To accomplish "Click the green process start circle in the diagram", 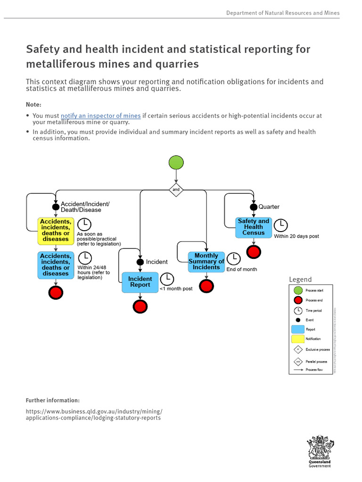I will [x=176, y=162].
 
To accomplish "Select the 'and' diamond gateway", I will [x=176, y=189].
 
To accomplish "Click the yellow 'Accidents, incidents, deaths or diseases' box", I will [x=56, y=230].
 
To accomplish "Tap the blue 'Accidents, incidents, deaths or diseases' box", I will [x=56, y=265].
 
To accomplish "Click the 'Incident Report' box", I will [x=140, y=282].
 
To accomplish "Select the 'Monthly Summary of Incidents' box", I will [x=206, y=262].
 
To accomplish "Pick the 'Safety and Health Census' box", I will [x=254, y=227].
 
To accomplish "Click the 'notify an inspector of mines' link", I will [x=100, y=116].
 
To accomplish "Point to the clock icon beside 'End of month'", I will [x=233, y=258].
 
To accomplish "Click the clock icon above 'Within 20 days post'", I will [x=281, y=225].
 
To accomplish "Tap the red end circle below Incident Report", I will [x=140, y=306].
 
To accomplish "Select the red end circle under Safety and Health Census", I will [x=254, y=252].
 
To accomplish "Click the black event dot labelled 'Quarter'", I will [x=254, y=207].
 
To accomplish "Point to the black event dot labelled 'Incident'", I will [x=140, y=262].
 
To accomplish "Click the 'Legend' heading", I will [x=300, y=280].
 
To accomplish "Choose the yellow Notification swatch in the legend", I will [x=297, y=339].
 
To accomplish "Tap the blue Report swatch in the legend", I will [x=297, y=329].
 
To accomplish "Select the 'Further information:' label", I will [x=53, y=400].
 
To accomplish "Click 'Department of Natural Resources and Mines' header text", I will [x=283, y=13].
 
